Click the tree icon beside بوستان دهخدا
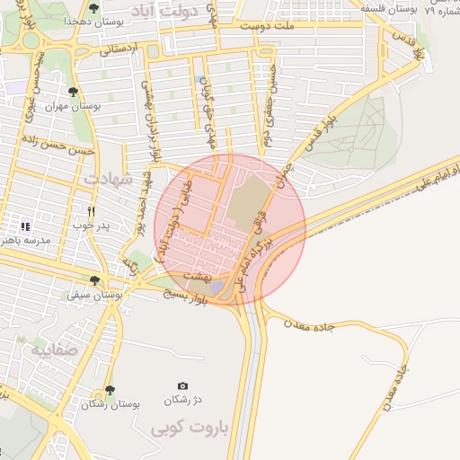tap(93, 8)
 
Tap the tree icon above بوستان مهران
tap(73, 91)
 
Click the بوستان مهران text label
tap(73, 105)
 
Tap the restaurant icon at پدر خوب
tap(91, 211)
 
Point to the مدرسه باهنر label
tap(31, 241)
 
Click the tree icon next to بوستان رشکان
tap(110, 391)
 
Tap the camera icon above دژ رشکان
tap(183, 385)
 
